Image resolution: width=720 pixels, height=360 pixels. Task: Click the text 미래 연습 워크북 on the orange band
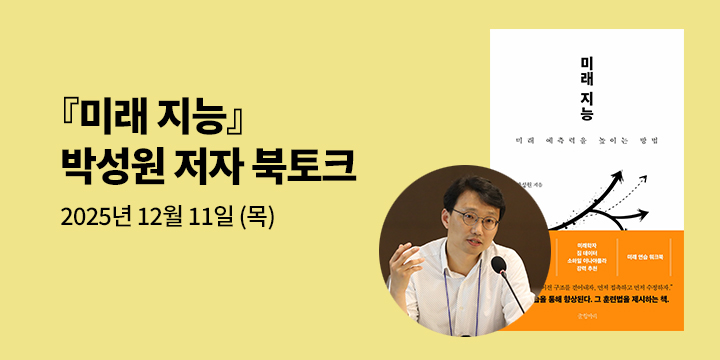coord(651,256)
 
